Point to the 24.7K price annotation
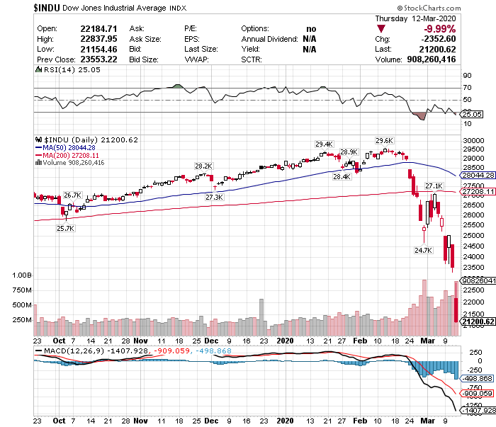click(x=424, y=250)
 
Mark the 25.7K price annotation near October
click(x=66, y=229)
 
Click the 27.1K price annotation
click(x=434, y=186)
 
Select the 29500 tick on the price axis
click(x=473, y=150)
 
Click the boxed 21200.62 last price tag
click(x=477, y=322)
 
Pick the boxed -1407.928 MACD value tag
click(x=478, y=409)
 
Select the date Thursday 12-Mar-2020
click(x=415, y=18)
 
